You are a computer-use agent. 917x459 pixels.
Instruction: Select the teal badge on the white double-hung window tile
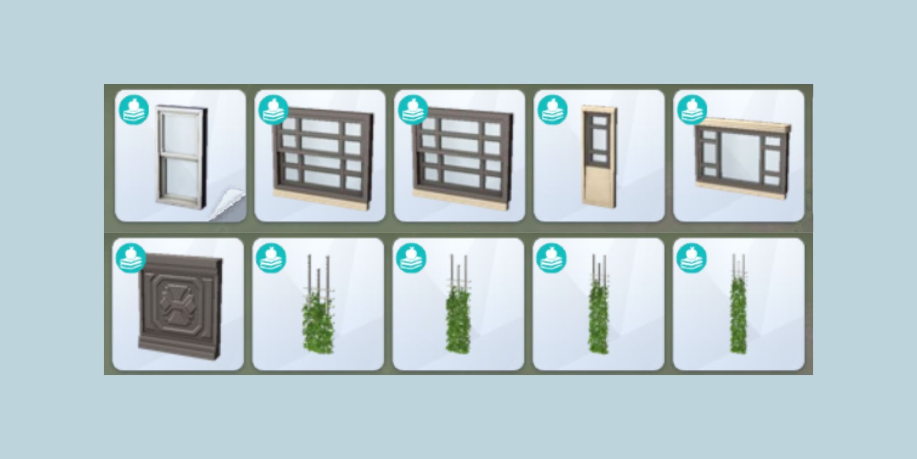click(134, 110)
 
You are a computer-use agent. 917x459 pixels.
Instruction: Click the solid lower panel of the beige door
click(599, 186)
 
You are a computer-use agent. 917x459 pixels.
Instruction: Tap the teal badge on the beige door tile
click(553, 110)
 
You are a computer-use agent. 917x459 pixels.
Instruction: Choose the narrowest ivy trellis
click(738, 316)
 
